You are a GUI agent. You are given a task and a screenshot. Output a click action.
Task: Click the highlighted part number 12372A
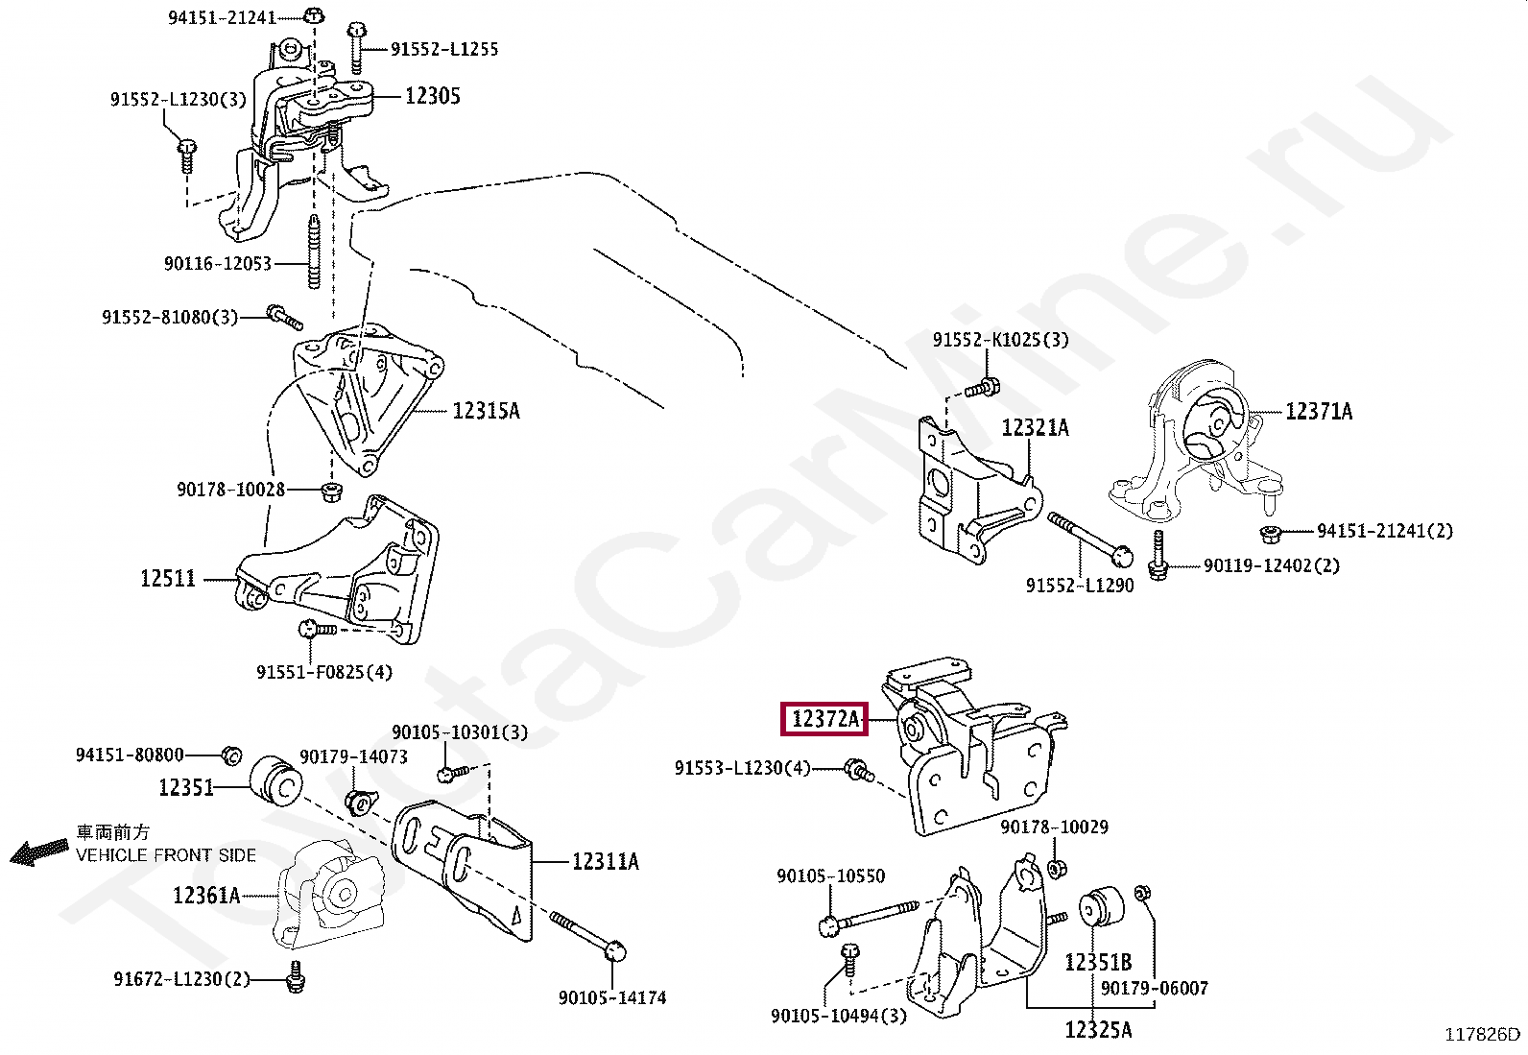point(824,718)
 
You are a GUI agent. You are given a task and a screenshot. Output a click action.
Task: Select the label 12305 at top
point(432,96)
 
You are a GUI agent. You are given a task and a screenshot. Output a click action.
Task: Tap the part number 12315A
point(486,411)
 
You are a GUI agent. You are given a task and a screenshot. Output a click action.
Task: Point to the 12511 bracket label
point(168,578)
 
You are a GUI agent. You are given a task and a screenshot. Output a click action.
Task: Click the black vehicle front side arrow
point(39,851)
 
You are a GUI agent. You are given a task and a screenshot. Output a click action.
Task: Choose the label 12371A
point(1319,412)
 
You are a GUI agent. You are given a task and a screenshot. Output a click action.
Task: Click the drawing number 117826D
point(1483,1034)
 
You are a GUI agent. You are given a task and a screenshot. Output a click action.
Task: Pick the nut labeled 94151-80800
point(230,755)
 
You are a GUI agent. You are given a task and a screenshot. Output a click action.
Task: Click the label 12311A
point(605,862)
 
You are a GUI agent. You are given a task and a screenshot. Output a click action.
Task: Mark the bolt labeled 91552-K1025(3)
point(982,389)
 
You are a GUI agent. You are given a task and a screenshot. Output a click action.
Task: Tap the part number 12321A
point(1035,428)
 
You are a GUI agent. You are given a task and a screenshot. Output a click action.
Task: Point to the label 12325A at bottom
point(1098,1030)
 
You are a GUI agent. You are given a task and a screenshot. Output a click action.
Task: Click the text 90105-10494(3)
point(838,1016)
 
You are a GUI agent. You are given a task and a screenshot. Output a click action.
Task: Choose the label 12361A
point(205,896)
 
